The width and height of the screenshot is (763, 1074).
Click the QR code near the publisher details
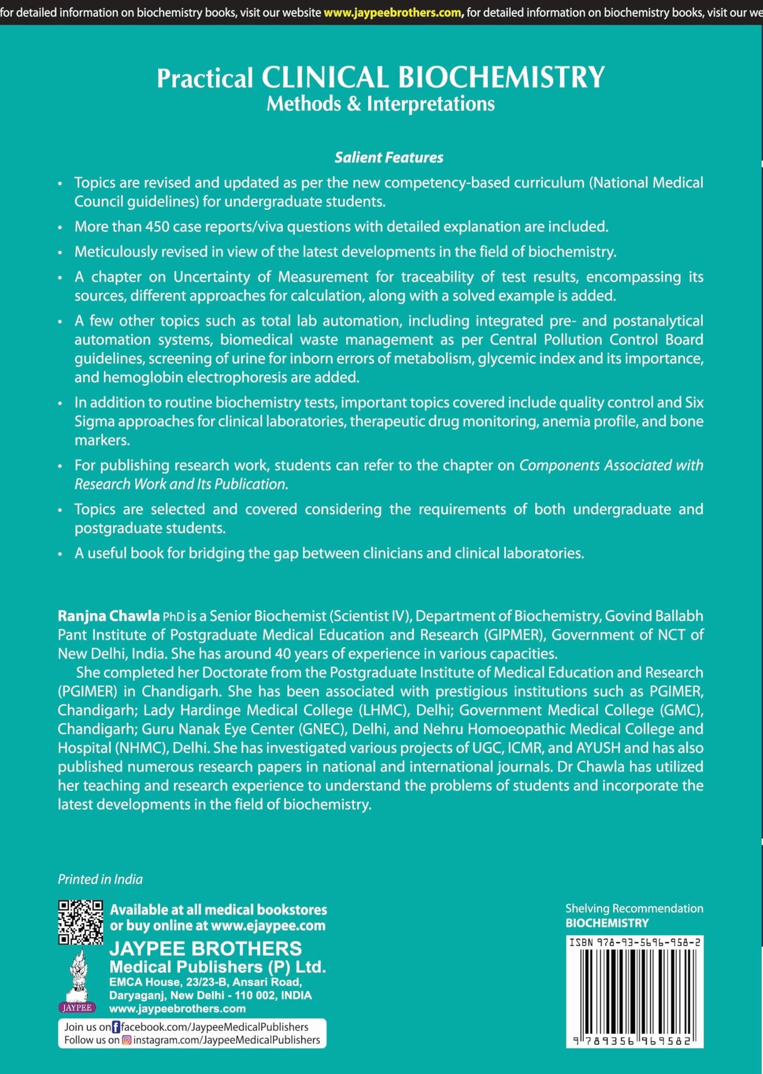(x=80, y=922)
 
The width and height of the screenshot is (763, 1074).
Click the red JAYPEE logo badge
(x=77, y=1007)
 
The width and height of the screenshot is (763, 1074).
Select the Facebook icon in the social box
(x=116, y=1027)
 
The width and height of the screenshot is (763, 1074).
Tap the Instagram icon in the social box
(x=126, y=1040)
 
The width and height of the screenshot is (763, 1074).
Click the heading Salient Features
(x=388, y=157)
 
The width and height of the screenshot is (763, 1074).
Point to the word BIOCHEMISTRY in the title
(x=501, y=77)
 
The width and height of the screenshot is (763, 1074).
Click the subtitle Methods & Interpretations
(x=380, y=104)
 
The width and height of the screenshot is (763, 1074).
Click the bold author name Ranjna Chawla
(x=108, y=616)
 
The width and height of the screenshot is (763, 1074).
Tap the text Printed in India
(x=100, y=879)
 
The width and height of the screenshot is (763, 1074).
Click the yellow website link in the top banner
(x=392, y=12)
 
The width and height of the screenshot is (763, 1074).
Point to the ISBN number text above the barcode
(x=635, y=943)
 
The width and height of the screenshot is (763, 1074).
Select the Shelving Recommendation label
(x=634, y=908)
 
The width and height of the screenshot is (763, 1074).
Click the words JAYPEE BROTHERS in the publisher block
(x=206, y=948)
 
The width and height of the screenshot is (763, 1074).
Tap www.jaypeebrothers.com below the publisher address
(x=177, y=1008)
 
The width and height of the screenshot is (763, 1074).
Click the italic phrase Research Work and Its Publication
(x=181, y=484)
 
